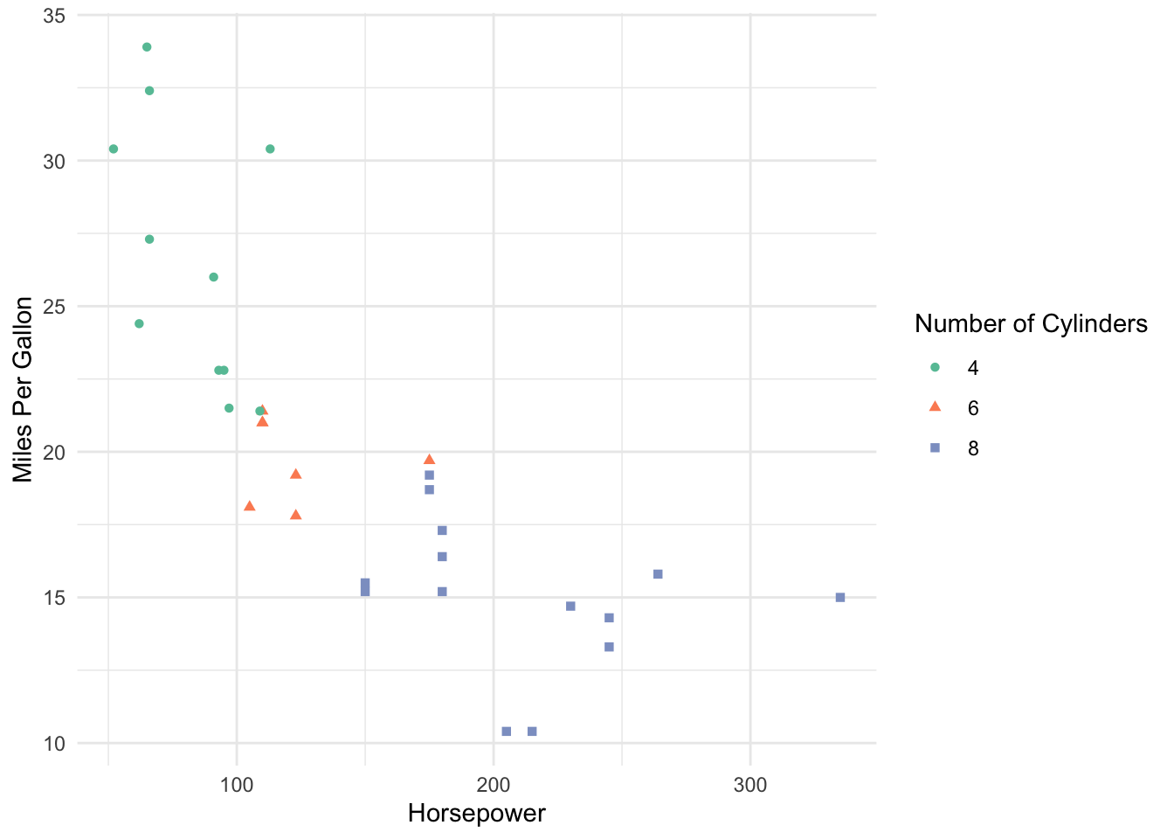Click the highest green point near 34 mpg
click(x=147, y=47)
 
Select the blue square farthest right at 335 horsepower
click(x=840, y=598)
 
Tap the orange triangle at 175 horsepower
click(x=429, y=460)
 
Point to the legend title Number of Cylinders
click(x=1031, y=324)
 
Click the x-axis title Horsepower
click(x=476, y=814)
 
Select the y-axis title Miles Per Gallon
click(x=24, y=390)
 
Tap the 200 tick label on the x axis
click(x=494, y=785)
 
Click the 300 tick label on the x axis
click(x=750, y=785)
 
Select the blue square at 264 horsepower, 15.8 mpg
click(x=658, y=574)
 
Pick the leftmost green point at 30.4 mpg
click(x=114, y=149)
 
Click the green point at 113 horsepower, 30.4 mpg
click(x=270, y=149)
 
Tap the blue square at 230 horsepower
click(x=570, y=607)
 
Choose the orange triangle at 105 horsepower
click(x=250, y=506)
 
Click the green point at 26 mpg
click(x=213, y=277)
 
